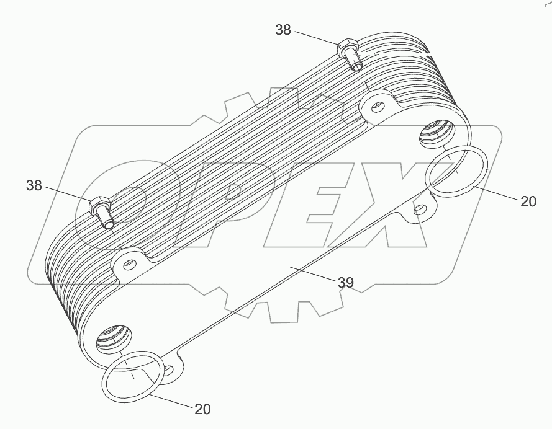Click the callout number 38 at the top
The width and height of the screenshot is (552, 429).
[x=283, y=30]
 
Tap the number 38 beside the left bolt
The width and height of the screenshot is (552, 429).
[x=35, y=185]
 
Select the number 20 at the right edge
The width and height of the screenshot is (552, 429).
[x=528, y=201]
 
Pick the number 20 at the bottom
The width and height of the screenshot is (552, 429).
[x=202, y=409]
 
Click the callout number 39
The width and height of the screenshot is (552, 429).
[x=345, y=283]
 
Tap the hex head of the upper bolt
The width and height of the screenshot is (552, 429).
[x=346, y=48]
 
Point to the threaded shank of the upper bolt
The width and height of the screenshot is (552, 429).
[x=355, y=63]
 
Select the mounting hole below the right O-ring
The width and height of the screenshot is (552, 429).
[x=421, y=211]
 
